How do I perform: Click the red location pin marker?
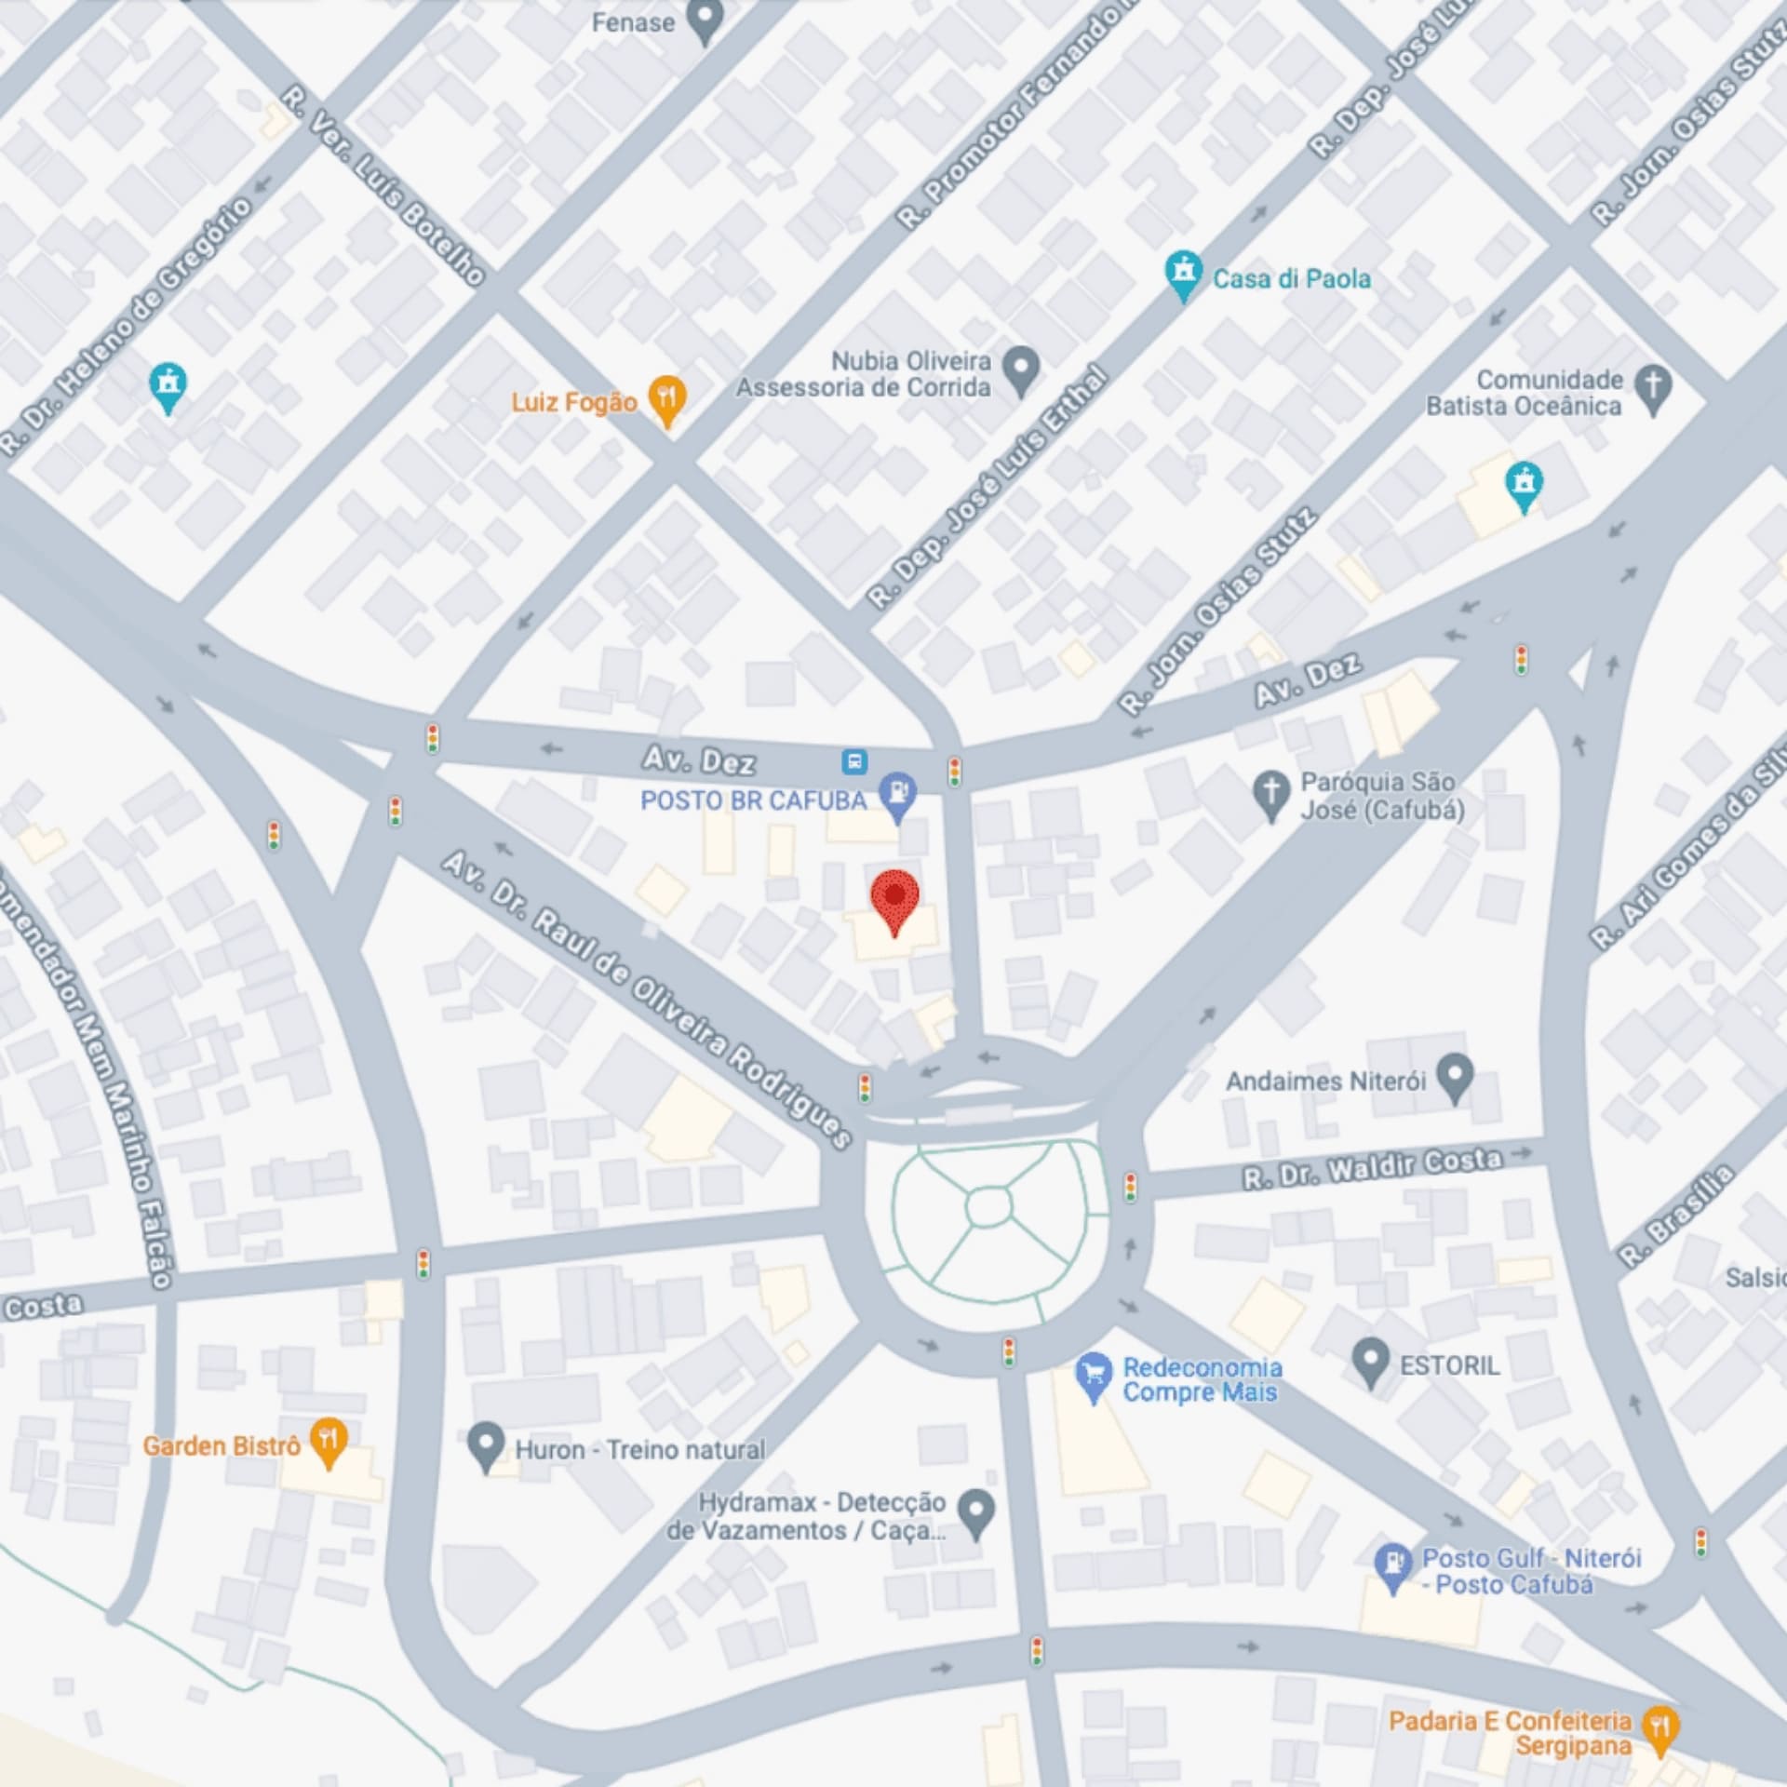pos(894,897)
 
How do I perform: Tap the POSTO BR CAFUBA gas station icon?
pos(898,795)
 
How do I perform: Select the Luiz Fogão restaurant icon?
pos(666,398)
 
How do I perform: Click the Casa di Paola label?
pos(1290,278)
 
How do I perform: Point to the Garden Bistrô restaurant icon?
pos(328,1440)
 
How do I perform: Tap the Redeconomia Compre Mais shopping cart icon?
pos(1094,1375)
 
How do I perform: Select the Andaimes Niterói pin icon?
pos(1455,1076)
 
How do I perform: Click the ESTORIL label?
pos(1449,1365)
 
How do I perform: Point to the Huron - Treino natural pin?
pos(485,1444)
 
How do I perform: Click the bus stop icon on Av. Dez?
pos(854,762)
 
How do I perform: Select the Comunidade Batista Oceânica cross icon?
pos(1653,386)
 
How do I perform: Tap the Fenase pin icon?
pos(705,19)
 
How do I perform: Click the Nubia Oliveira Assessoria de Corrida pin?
pos(1021,368)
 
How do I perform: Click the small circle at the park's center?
pos(988,1208)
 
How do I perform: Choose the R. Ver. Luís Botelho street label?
pos(383,185)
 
